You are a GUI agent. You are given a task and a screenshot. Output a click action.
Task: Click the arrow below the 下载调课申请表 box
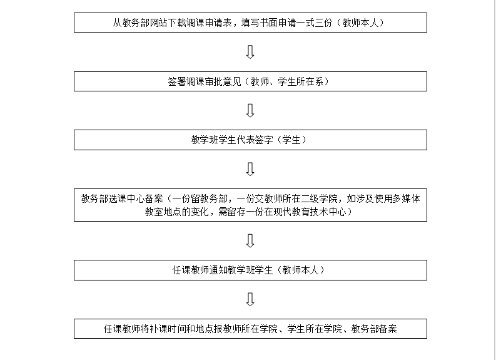(250, 52)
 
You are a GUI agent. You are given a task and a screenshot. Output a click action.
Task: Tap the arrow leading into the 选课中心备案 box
(250, 170)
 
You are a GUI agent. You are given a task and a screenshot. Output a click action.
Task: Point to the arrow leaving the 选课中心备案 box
(250, 240)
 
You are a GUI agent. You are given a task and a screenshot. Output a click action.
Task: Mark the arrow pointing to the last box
(250, 299)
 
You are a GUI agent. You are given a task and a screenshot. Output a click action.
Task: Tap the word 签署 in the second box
(177, 81)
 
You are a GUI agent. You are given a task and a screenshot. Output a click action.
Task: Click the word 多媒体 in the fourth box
(406, 198)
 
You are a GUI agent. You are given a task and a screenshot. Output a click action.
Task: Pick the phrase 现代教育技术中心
(310, 212)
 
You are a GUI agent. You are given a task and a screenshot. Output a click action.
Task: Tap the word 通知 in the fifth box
(218, 270)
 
